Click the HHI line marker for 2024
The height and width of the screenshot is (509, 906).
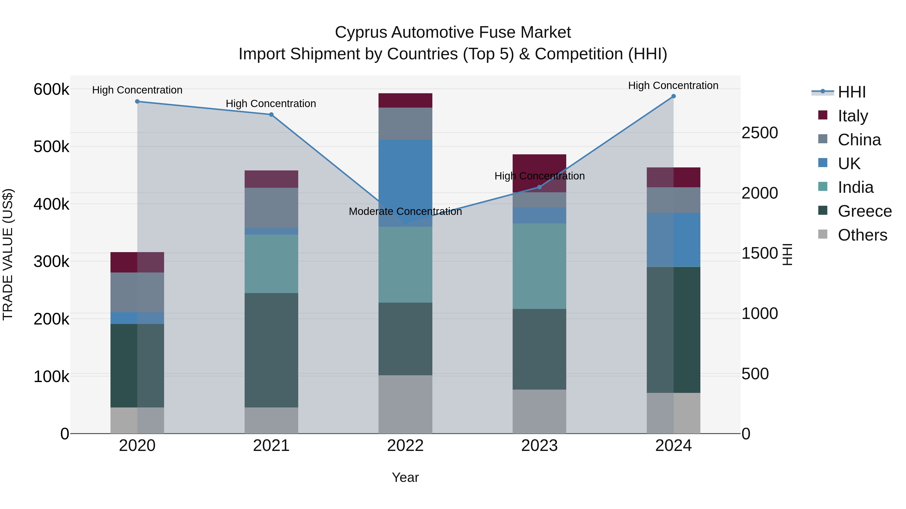[673, 96]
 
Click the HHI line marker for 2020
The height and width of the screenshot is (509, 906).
[137, 102]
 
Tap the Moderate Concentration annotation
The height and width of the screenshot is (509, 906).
[405, 211]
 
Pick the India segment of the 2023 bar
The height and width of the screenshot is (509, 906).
[539, 266]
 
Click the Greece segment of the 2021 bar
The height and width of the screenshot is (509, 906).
[271, 350]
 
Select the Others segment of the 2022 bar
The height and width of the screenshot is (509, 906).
[405, 404]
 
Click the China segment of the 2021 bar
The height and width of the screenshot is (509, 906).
[271, 208]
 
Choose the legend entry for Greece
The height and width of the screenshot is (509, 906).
[864, 211]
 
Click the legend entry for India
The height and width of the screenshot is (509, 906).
[855, 187]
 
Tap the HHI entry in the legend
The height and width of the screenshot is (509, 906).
[851, 92]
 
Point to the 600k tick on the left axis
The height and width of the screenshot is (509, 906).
[51, 89]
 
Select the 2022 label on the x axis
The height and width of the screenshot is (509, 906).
[405, 446]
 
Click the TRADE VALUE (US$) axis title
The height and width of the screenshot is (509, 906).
[8, 254]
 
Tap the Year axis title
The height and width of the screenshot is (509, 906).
[405, 477]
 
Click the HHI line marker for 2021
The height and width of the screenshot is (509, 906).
[271, 115]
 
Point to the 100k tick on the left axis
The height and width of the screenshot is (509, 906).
[51, 377]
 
